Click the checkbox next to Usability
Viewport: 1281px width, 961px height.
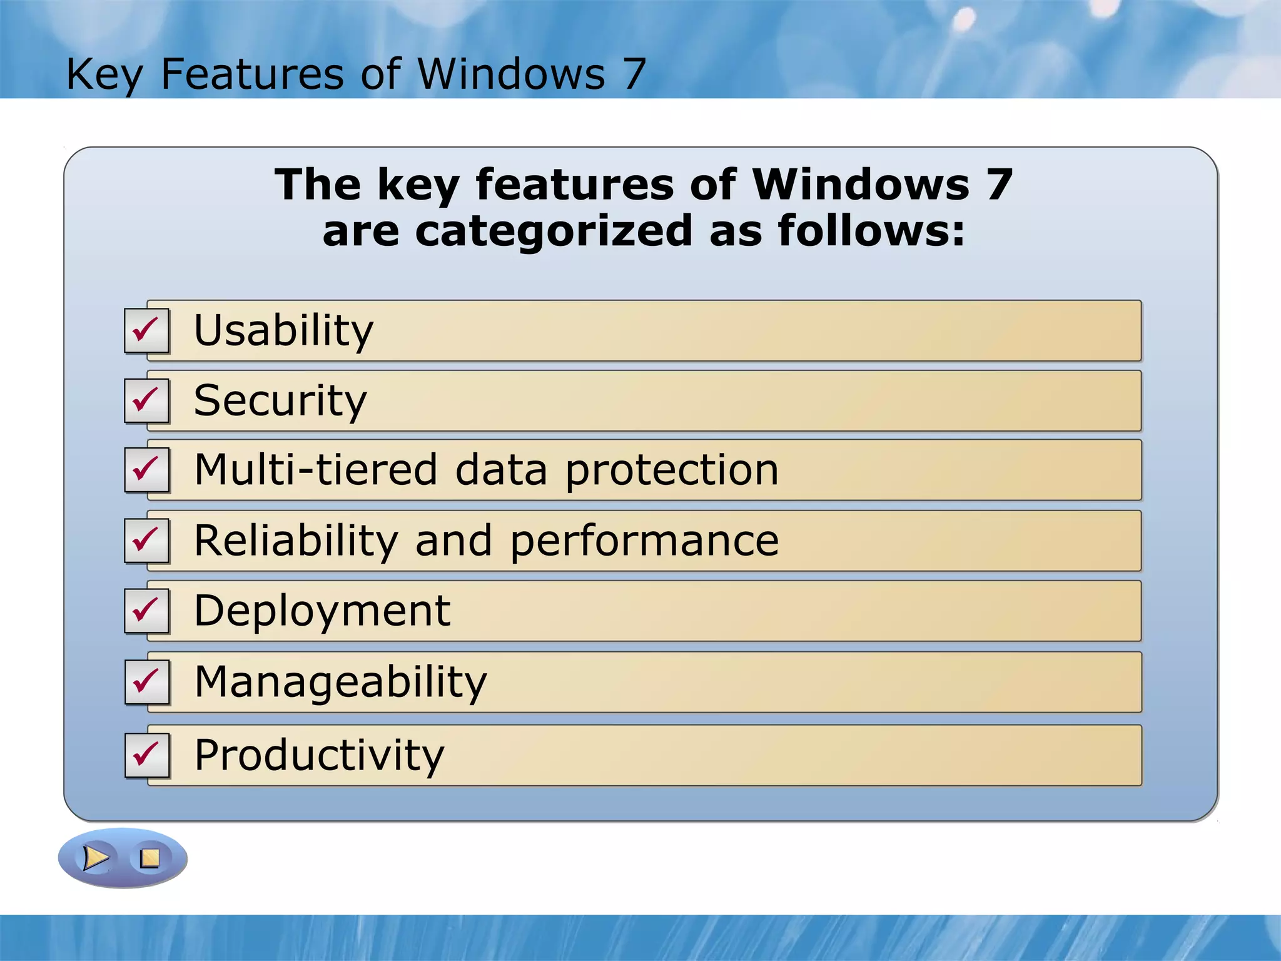pos(146,331)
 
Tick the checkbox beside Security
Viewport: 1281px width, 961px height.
pos(146,400)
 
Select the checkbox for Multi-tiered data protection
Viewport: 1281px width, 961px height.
pos(146,470)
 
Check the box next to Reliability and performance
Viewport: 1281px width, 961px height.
pos(146,541)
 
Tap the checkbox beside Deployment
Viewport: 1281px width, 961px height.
pos(146,611)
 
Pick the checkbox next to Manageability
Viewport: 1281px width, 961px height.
pos(146,682)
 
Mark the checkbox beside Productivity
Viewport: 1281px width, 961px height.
pos(146,755)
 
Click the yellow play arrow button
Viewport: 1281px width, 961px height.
pos(96,858)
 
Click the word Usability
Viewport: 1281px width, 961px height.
pos(283,331)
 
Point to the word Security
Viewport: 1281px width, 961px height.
pos(280,400)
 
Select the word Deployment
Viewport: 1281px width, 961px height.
pos(322,611)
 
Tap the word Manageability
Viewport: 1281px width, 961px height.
pos(340,682)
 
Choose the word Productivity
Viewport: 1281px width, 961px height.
pos(319,755)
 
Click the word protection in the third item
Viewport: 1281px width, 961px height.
pos(672,470)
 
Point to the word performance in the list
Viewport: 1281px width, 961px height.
pos(644,541)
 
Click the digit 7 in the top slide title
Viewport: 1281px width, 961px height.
pos(634,74)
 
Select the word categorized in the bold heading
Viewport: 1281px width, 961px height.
pos(554,231)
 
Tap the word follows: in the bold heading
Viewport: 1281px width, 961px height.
pos(871,230)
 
